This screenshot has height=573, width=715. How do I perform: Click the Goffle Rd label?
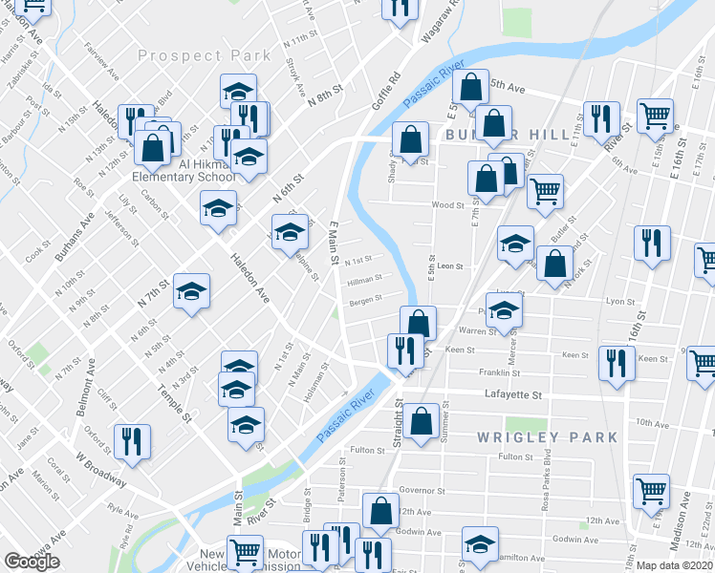(x=386, y=90)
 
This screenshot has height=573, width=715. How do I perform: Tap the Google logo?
(x=32, y=562)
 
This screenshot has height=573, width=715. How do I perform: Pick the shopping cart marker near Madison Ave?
(x=651, y=491)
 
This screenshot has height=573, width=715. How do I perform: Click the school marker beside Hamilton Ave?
(x=480, y=543)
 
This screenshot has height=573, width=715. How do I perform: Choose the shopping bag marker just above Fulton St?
(x=421, y=420)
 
